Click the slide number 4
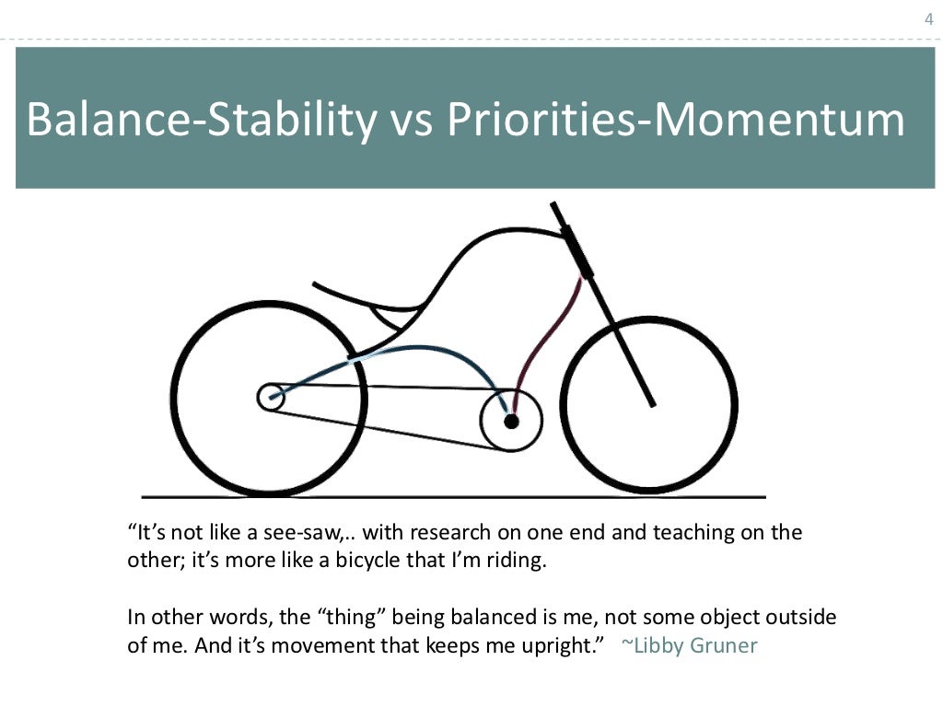[x=927, y=19]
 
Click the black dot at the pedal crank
[x=511, y=421]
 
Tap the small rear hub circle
[x=270, y=398]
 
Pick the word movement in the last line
[x=318, y=645]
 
